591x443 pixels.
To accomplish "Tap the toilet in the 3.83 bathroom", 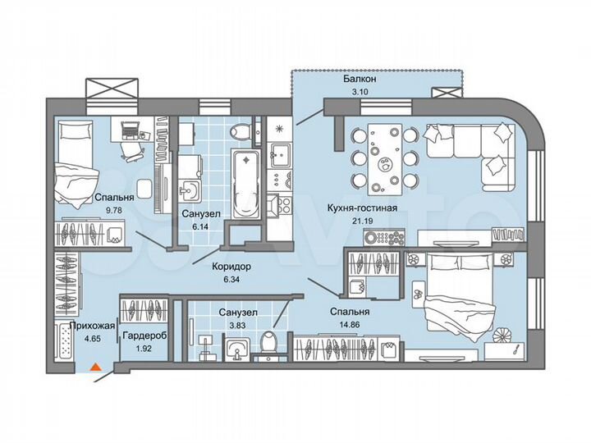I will coord(268,342).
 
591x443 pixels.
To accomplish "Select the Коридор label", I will coord(230,267).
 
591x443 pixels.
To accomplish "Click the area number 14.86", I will coord(350,326).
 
